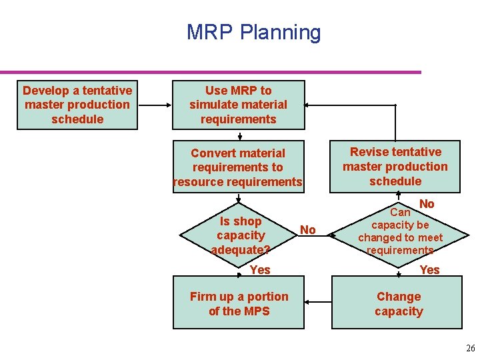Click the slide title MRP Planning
coord(253,32)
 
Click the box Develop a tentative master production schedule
coord(77,105)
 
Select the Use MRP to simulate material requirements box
coord(238,105)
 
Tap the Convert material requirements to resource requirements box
coord(238,167)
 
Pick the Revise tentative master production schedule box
coord(395,167)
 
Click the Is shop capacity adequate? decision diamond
coord(241,235)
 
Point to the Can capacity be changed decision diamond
coord(400,231)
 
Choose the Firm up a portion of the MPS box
coord(239,304)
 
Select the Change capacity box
coord(399,304)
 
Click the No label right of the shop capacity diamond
coord(307,230)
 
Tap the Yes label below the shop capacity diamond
coord(260,269)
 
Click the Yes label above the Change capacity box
coord(429,269)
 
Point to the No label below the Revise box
coord(427,204)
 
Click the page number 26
coord(470,348)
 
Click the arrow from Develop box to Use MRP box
coord(155,105)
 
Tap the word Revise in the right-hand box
coord(367,152)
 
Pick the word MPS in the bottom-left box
coord(257,311)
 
